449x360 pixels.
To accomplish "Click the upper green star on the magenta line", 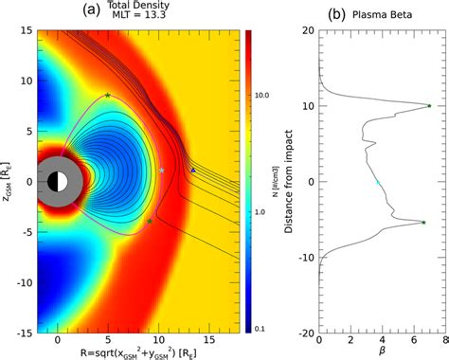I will [x=108, y=95].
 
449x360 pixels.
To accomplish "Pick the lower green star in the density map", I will [x=150, y=221].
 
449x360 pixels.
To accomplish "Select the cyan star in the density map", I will [x=162, y=170].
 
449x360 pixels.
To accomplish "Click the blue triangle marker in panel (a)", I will [x=193, y=171].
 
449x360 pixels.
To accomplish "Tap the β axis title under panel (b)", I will [x=379, y=353].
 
